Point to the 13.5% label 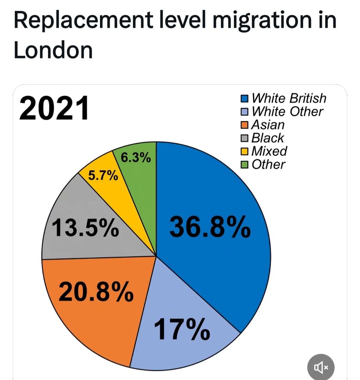[84, 229]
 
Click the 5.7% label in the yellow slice [103, 176]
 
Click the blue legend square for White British [245, 99]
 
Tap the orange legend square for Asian [245, 125]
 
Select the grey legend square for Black [245, 138]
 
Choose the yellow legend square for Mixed [245, 151]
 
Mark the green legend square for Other [245, 165]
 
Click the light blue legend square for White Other [245, 112]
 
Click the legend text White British [289, 98]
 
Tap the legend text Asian [268, 125]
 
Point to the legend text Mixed [270, 151]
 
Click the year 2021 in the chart [54, 108]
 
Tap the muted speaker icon [321, 367]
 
